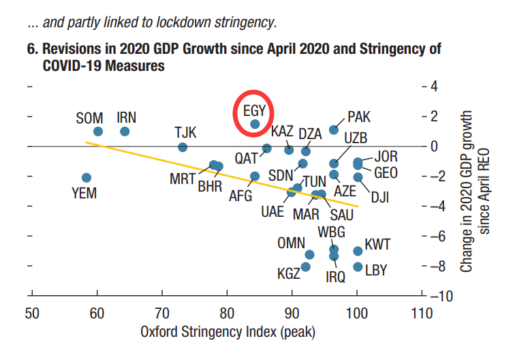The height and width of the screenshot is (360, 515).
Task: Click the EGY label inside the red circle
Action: [254, 109]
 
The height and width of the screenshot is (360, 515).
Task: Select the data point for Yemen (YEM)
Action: [87, 177]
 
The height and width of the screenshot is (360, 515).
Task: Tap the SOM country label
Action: [89, 118]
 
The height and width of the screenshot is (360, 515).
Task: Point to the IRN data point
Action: [125, 132]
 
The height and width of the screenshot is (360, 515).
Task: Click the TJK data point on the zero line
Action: [183, 147]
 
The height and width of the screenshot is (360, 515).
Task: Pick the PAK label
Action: [359, 117]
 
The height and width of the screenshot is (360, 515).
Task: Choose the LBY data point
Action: [358, 267]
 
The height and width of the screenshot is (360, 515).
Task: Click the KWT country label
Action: [377, 244]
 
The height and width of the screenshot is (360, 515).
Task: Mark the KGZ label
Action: [289, 274]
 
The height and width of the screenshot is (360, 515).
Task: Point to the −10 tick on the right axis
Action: [438, 296]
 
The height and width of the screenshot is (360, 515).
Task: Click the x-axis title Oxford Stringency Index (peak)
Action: [227, 333]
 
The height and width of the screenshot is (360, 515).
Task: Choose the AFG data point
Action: [255, 176]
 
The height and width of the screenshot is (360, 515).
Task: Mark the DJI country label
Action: [380, 198]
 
